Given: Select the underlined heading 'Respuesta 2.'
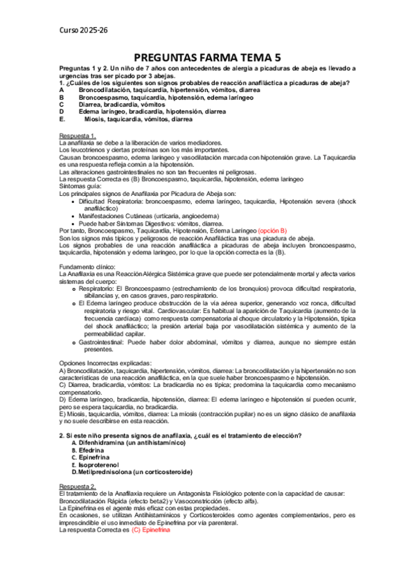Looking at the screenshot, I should coord(78,486).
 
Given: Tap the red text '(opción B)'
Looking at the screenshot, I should coord(272,230).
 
